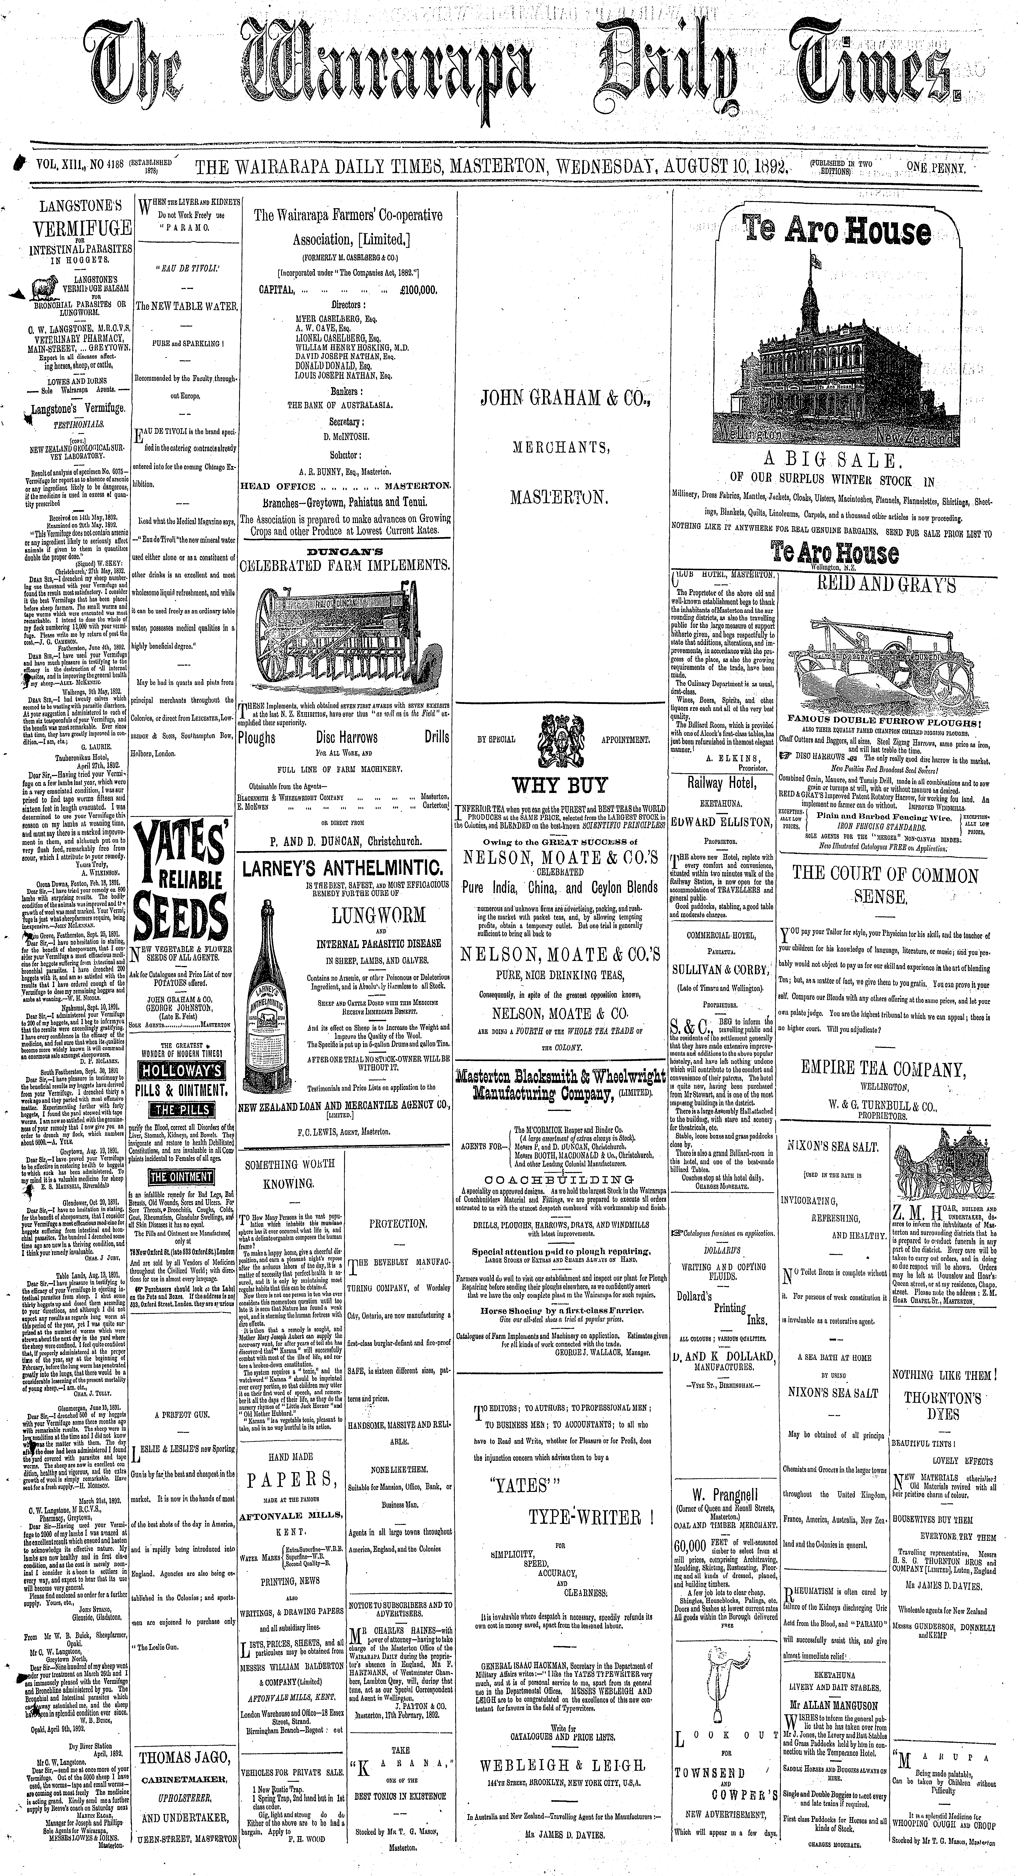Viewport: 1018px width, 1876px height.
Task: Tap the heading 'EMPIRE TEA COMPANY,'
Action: click(883, 1069)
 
